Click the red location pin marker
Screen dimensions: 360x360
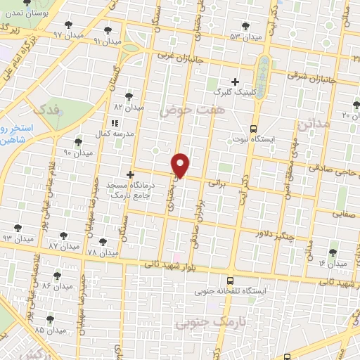pos(181,165)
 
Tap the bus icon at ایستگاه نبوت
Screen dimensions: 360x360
pos(253,128)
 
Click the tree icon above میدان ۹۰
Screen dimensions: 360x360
pos(78,142)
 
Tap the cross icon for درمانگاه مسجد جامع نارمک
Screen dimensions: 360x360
pos(129,174)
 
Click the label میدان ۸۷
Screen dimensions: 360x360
pos(63,246)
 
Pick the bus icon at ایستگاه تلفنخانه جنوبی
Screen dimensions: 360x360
pos(231,279)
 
